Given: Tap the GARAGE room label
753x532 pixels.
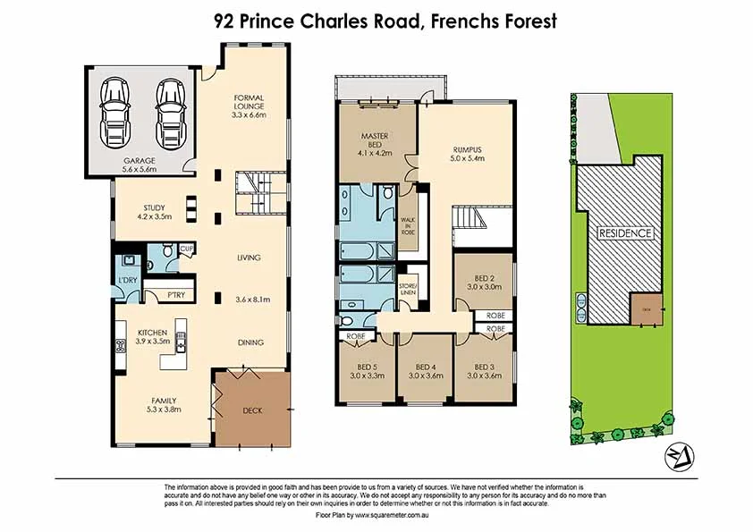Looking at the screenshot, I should tap(140, 161).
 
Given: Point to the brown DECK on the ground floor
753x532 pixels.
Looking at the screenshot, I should tap(253, 410).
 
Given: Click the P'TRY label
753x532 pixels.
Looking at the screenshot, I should tap(165, 293).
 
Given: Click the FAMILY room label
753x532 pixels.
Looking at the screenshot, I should tap(140, 401).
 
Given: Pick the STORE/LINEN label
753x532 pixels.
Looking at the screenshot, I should tap(407, 288).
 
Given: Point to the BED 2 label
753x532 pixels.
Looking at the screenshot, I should tap(483, 279).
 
